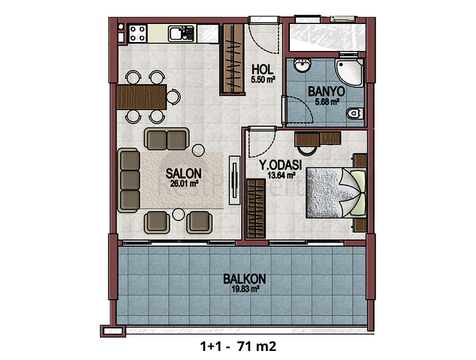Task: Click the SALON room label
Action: pos(183,174)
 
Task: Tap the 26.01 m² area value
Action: pos(184,184)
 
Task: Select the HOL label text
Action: pos(263,70)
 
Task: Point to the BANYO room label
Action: pos(327,91)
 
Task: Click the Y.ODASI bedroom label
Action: pos(280,165)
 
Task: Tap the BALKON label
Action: pos(245,279)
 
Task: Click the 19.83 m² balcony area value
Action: pos(246,289)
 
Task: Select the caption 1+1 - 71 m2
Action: pos(238,346)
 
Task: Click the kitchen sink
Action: pos(181,34)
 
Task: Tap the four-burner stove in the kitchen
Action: pos(137,34)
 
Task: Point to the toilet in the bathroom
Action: pos(354,113)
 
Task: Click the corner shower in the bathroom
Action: pos(349,73)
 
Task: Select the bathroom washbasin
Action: pos(303,65)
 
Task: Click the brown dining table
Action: pos(141,97)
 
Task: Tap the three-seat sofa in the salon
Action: pos(128,180)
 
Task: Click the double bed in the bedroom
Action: pos(336,193)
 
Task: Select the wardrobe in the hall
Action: pos(233,58)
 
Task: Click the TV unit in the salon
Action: pos(234,180)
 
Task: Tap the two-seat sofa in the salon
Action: pos(167,139)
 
